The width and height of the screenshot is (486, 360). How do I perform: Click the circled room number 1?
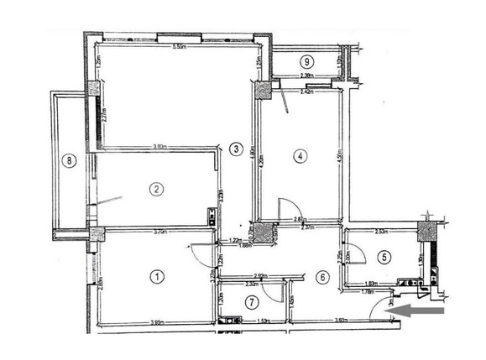tap(155, 274)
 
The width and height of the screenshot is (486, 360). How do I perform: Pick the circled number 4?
tap(298, 154)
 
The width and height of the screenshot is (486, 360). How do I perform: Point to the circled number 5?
tap(384, 258)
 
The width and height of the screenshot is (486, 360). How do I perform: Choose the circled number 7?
tap(250, 301)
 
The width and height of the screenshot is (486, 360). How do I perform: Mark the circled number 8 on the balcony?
tap(70, 159)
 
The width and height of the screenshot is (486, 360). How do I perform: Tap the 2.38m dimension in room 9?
tap(307, 76)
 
